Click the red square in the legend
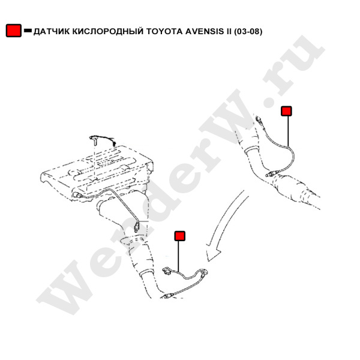pyautogui.click(x=14, y=31)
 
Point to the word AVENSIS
pyautogui.click(x=205, y=31)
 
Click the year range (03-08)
pyautogui.click(x=248, y=31)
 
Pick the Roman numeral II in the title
pyautogui.click(x=229, y=31)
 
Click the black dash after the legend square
pyautogui.click(x=28, y=31)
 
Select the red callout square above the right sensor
pyautogui.click(x=286, y=111)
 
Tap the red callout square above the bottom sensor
pyautogui.click(x=180, y=236)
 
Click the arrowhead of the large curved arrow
pyautogui.click(x=212, y=252)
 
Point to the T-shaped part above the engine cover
pyautogui.click(x=94, y=140)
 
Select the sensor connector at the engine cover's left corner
pyautogui.click(x=77, y=196)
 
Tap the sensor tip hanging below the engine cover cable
pyautogui.click(x=136, y=228)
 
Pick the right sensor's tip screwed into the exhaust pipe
pyautogui.click(x=270, y=175)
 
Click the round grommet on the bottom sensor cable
pyautogui.click(x=203, y=272)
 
